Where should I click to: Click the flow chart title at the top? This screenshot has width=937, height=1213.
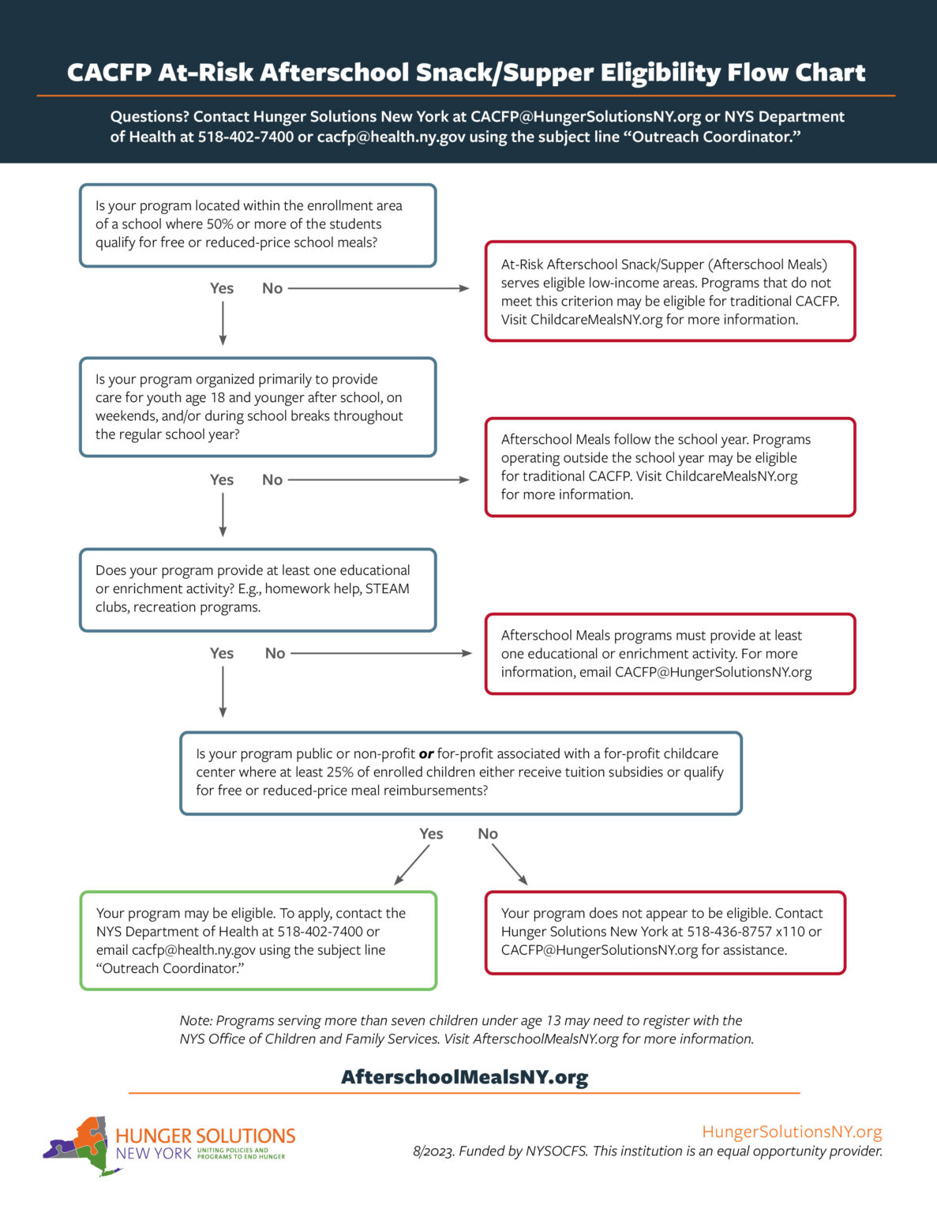click(466, 73)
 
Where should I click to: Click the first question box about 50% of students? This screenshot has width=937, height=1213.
click(257, 225)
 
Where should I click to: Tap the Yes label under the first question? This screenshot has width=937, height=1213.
click(222, 288)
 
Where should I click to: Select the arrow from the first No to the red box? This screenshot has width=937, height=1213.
click(379, 288)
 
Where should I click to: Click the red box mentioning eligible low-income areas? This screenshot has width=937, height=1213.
click(669, 291)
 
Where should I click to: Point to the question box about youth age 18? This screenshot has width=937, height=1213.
click(257, 407)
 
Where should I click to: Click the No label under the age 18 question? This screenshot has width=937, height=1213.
click(272, 479)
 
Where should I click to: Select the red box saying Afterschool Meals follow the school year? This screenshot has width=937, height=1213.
click(669, 467)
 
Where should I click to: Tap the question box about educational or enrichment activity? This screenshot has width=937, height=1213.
click(257, 589)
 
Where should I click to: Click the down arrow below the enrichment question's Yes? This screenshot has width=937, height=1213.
click(223, 691)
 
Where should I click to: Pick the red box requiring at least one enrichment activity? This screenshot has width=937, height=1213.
click(669, 654)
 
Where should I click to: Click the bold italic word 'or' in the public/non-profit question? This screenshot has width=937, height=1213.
click(426, 754)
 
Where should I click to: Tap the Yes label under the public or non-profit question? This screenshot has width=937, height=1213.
click(431, 834)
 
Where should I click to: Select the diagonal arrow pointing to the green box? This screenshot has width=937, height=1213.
click(412, 865)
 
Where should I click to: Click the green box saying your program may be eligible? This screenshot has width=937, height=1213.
click(258, 941)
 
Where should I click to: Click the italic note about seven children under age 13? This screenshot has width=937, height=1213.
click(466, 1030)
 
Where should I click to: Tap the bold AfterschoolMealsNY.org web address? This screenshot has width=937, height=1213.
click(464, 1077)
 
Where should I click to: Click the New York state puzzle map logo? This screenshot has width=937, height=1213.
click(78, 1145)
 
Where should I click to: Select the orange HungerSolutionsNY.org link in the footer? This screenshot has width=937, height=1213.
click(792, 1132)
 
